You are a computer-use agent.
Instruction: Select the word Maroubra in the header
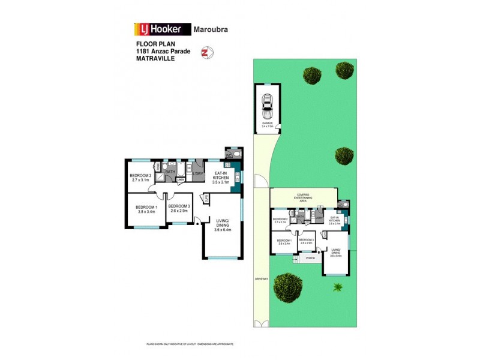point(211,29)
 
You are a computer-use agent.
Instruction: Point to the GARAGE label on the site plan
point(267,124)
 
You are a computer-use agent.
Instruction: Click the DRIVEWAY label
point(260,279)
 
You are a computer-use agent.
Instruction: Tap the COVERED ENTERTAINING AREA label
point(303,197)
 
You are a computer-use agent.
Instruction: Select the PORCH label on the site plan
point(311,259)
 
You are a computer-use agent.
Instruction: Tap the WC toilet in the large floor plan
point(236,154)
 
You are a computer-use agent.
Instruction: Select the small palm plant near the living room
point(338,286)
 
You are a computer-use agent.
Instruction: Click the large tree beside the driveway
point(289,286)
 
